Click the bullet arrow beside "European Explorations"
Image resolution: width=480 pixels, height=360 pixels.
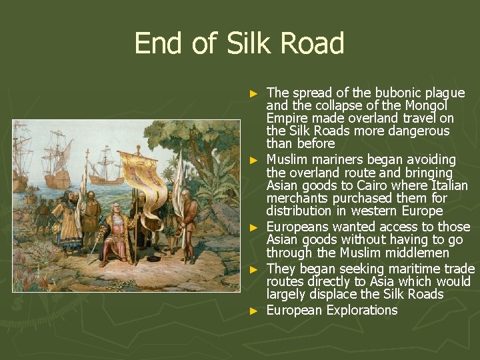coord(253,311)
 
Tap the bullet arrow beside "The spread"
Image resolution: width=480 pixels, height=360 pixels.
coord(253,93)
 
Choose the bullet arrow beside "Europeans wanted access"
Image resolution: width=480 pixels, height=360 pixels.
coord(253,227)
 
